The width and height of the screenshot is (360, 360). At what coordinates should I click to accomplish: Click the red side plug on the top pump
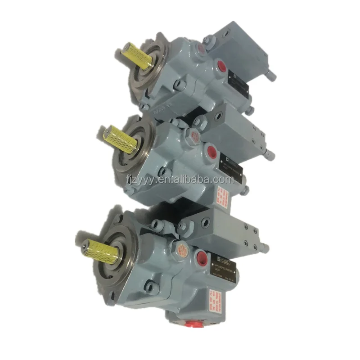[x=221, y=67]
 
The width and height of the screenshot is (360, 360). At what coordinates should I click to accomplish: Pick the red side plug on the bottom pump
[x=200, y=258]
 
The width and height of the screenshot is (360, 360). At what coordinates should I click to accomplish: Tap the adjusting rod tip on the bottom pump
[x=265, y=247]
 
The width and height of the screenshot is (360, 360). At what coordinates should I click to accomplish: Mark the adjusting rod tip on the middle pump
[x=270, y=155]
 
